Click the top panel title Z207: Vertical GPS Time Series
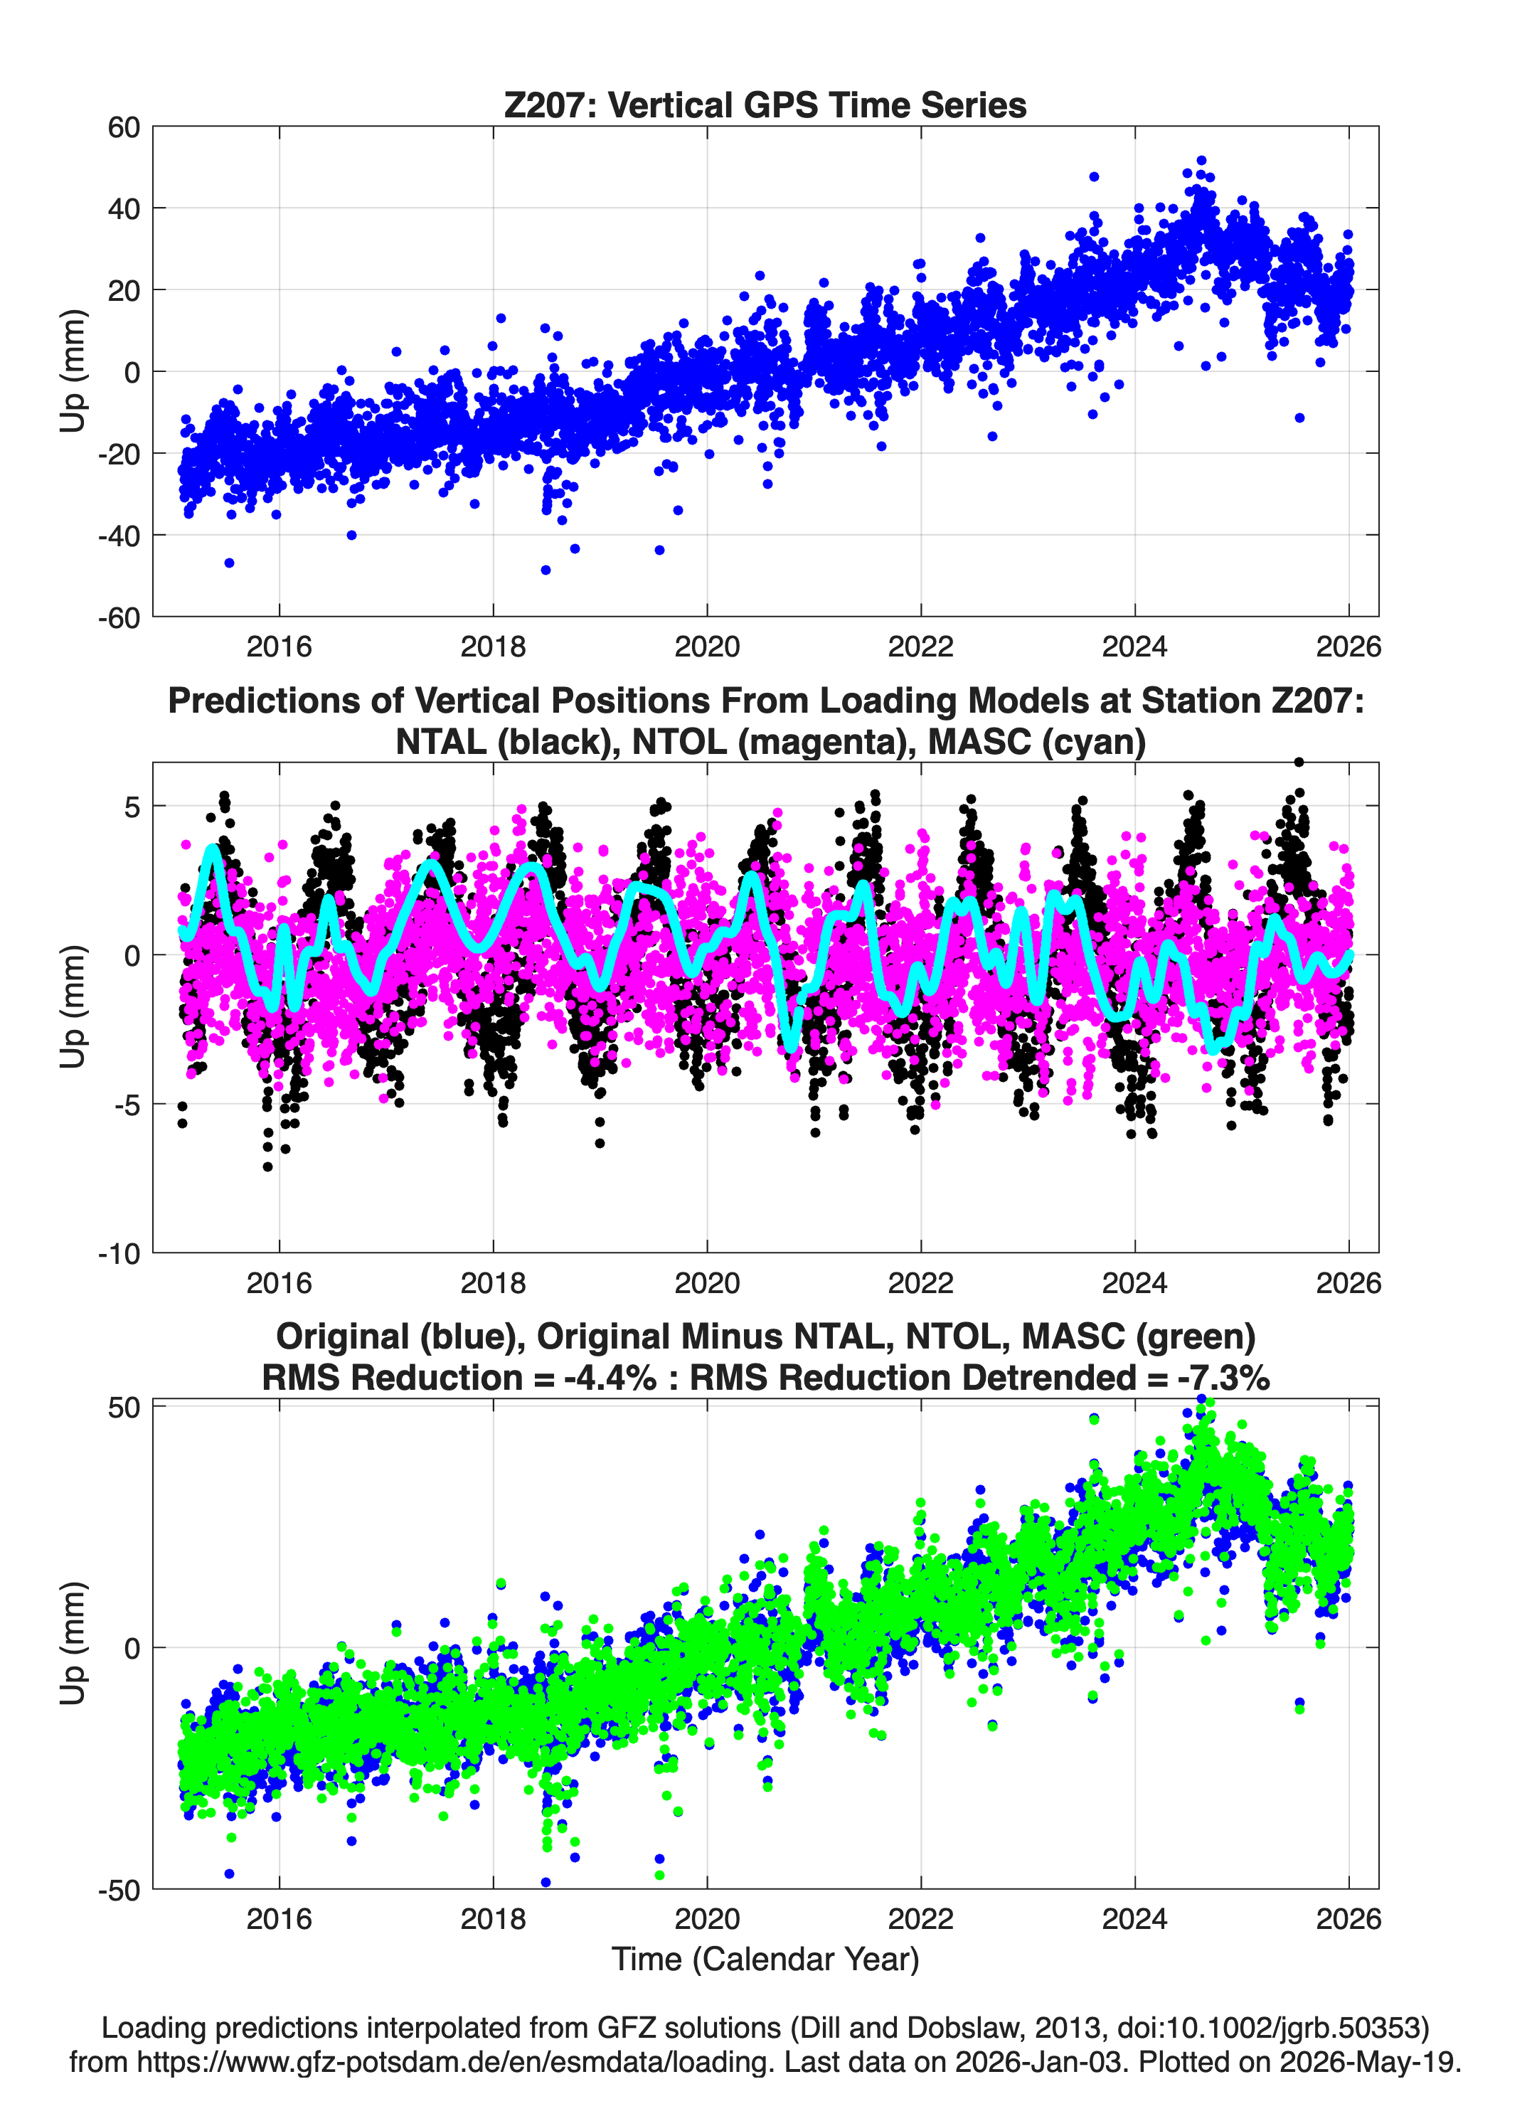765,105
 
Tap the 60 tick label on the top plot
124,127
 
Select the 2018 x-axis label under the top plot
493,647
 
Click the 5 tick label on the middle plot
132,806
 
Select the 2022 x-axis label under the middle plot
920,1282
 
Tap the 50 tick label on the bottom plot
124,1408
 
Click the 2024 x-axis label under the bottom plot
1134,1919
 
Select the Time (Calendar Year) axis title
765,1960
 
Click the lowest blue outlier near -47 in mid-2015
229,563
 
